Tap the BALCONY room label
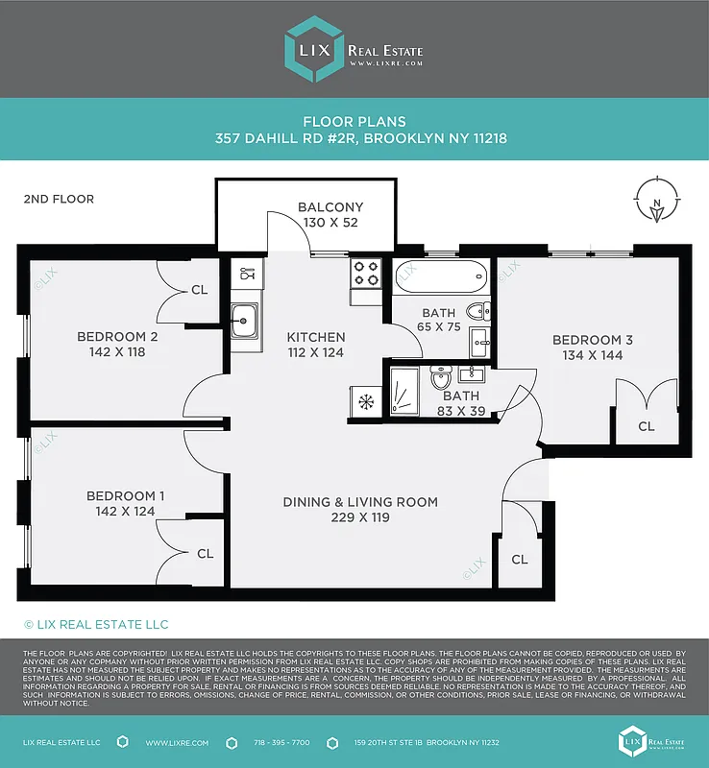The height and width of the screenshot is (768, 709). (x=330, y=207)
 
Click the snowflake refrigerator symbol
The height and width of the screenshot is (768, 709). (x=365, y=401)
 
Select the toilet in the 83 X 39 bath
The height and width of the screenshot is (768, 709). (x=442, y=381)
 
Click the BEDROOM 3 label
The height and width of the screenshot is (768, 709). (x=592, y=340)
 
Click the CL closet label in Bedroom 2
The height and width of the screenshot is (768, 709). (x=199, y=289)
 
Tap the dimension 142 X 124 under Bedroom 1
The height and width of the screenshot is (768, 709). (x=125, y=511)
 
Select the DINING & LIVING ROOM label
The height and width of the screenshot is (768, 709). (x=360, y=502)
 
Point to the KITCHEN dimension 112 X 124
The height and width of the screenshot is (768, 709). (x=315, y=352)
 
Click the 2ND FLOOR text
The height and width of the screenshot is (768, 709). (x=59, y=200)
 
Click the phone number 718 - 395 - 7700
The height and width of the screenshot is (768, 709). (x=281, y=743)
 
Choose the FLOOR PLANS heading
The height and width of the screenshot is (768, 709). (x=354, y=122)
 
